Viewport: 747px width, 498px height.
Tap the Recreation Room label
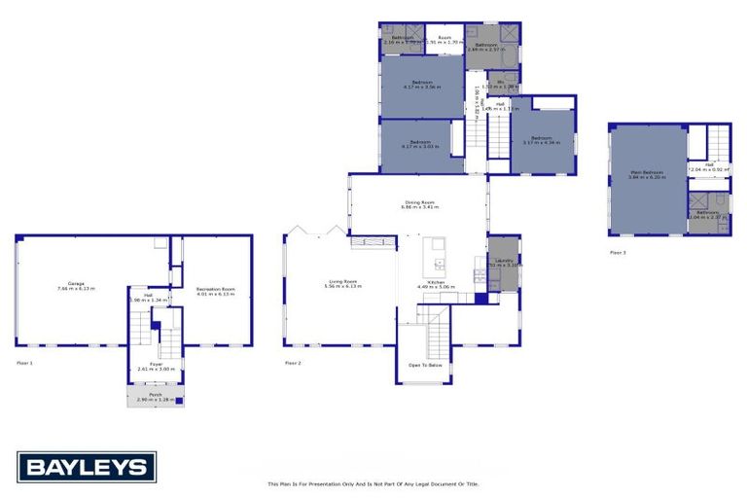pos(216,289)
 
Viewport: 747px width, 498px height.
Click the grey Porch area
pos(156,397)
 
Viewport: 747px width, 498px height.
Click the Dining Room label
pos(421,204)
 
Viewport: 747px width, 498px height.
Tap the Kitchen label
pos(436,284)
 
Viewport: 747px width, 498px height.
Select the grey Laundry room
pos(504,262)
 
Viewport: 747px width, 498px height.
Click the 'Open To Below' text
pos(426,365)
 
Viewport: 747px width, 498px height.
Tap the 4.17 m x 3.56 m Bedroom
pos(422,84)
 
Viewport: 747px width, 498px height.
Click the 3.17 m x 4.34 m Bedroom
pos(542,140)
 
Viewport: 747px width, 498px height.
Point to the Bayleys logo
pos(86,467)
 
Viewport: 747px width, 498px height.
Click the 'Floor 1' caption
pos(24,363)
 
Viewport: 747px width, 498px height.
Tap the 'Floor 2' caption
pos(293,363)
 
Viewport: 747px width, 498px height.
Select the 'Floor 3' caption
pos(618,252)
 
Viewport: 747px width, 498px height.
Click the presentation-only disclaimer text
pos(373,483)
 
